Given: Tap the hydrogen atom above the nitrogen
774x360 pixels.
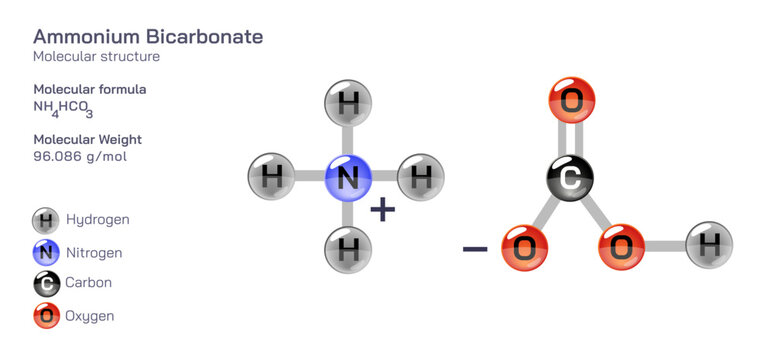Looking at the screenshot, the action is pos(348,104).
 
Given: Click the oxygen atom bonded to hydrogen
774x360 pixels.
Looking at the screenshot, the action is pos(621,247).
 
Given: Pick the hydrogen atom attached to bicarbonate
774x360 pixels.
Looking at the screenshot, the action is pos(709,245).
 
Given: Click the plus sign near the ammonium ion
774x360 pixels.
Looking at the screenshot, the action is pos(382,209).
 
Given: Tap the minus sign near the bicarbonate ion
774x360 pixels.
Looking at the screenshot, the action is pos(475,246).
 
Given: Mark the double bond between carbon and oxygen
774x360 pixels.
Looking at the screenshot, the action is pos(570,139).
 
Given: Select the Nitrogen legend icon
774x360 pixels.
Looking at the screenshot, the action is pos(46,252).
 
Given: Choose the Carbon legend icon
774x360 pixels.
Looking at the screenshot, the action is pos(46,284).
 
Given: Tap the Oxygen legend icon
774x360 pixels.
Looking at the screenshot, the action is pos(46,316).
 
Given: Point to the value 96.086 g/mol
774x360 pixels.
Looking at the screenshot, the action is pos(80,157).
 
